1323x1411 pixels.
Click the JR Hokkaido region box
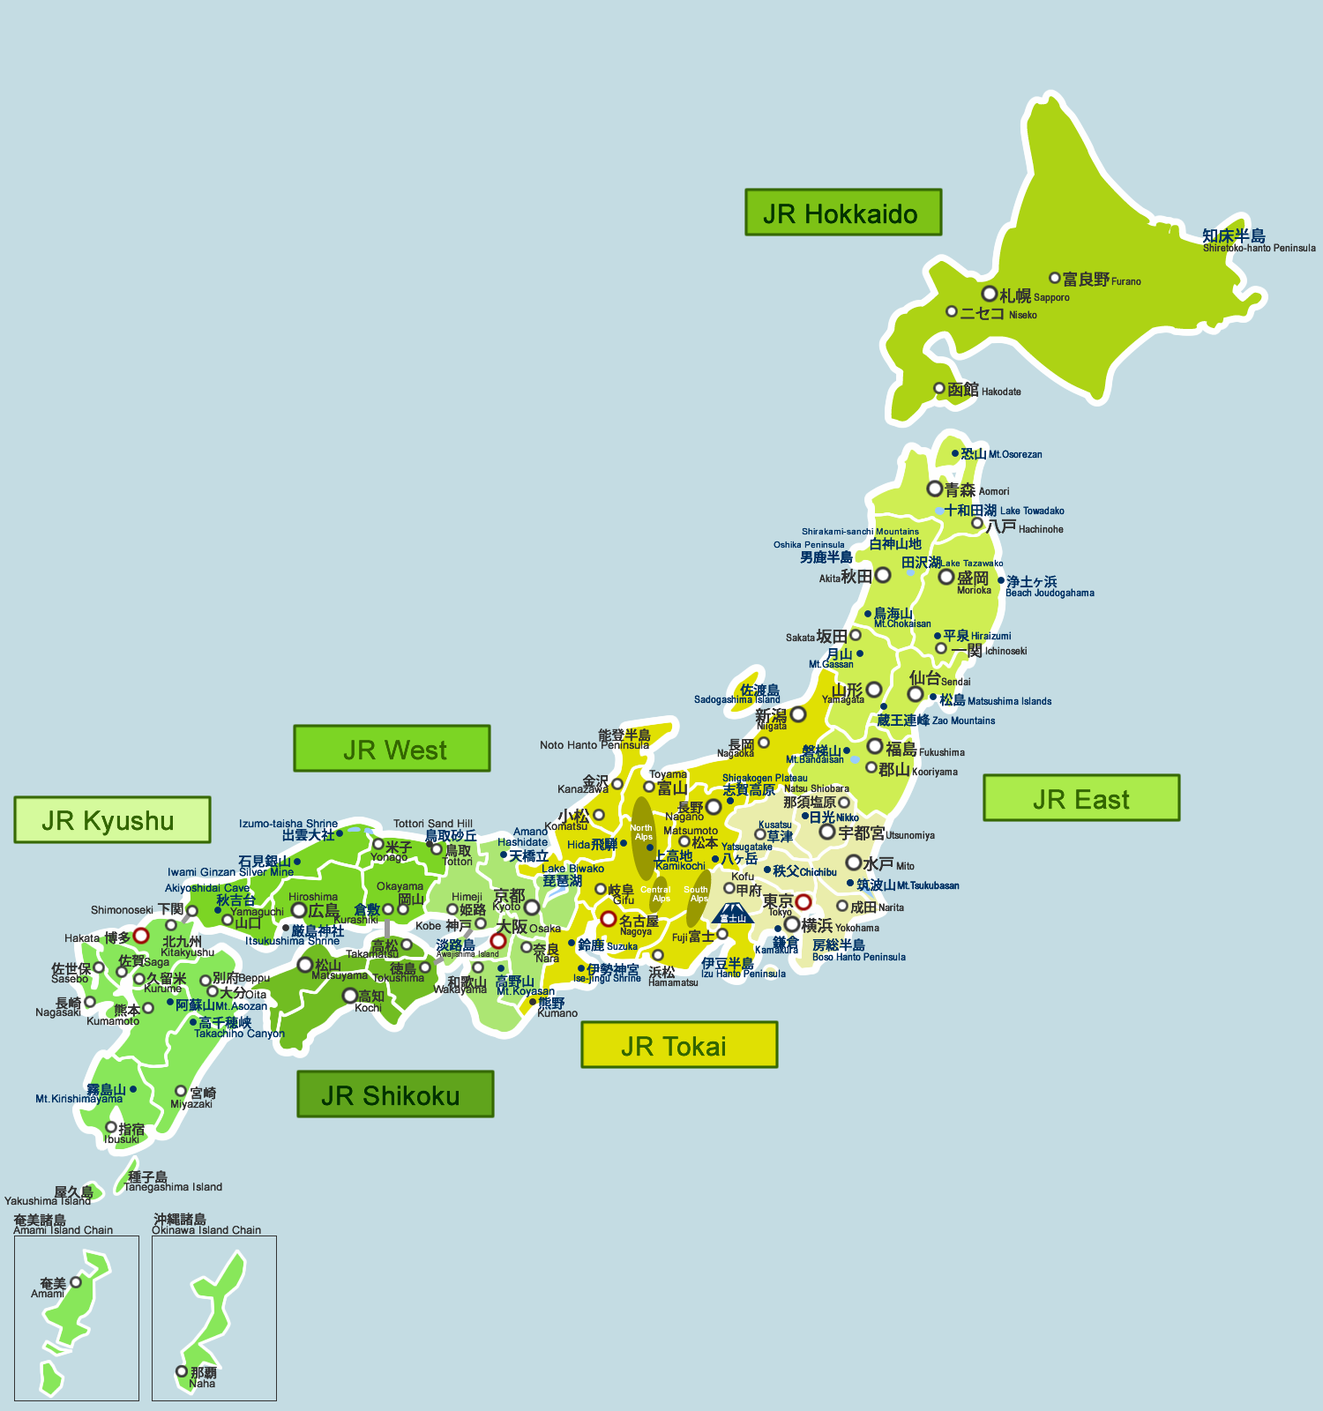click(842, 213)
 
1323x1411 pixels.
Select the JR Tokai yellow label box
click(679, 1045)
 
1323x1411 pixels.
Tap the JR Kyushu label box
click(112, 820)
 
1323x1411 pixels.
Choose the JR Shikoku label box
click(394, 1094)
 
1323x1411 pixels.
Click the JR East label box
click(1081, 798)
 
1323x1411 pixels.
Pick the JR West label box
click(392, 749)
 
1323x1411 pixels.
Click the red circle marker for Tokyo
click(803, 901)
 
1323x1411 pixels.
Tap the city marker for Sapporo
click(990, 294)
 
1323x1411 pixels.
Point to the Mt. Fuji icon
click(731, 914)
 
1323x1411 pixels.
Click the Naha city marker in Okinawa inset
click(182, 1371)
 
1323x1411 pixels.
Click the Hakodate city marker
click(939, 388)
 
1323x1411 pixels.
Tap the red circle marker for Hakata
click(141, 936)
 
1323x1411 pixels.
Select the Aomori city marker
click(935, 489)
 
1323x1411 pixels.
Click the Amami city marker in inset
click(76, 1282)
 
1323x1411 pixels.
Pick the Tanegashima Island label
click(172, 1182)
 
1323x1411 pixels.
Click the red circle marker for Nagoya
click(609, 919)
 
